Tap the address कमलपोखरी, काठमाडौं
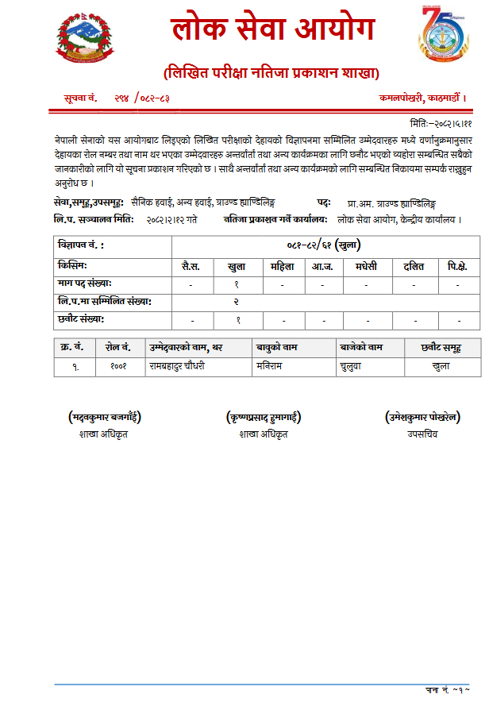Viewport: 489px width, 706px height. coord(428,98)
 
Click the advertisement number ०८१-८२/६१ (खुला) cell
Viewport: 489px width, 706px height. coord(325,245)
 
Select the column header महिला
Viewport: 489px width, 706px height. coord(283,265)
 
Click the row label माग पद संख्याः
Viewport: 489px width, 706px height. coord(85,283)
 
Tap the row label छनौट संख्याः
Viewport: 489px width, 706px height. coord(82,319)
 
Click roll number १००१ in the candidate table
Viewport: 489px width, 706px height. coord(118,367)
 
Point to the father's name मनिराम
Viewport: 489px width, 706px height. coord(270,367)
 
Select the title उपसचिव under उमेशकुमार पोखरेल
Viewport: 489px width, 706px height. coord(422,434)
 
